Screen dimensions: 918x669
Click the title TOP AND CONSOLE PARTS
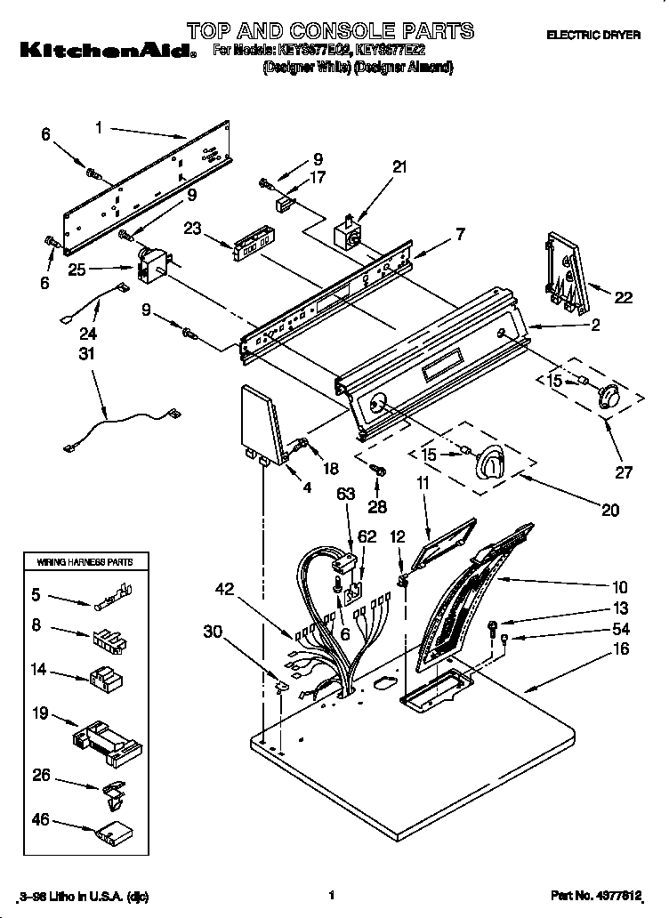[x=330, y=30]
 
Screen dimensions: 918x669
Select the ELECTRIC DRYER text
[x=593, y=34]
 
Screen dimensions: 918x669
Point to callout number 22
[x=623, y=298]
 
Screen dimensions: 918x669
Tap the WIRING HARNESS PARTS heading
[x=85, y=563]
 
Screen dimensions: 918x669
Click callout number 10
[x=619, y=587]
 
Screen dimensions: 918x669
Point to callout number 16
[x=620, y=649]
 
